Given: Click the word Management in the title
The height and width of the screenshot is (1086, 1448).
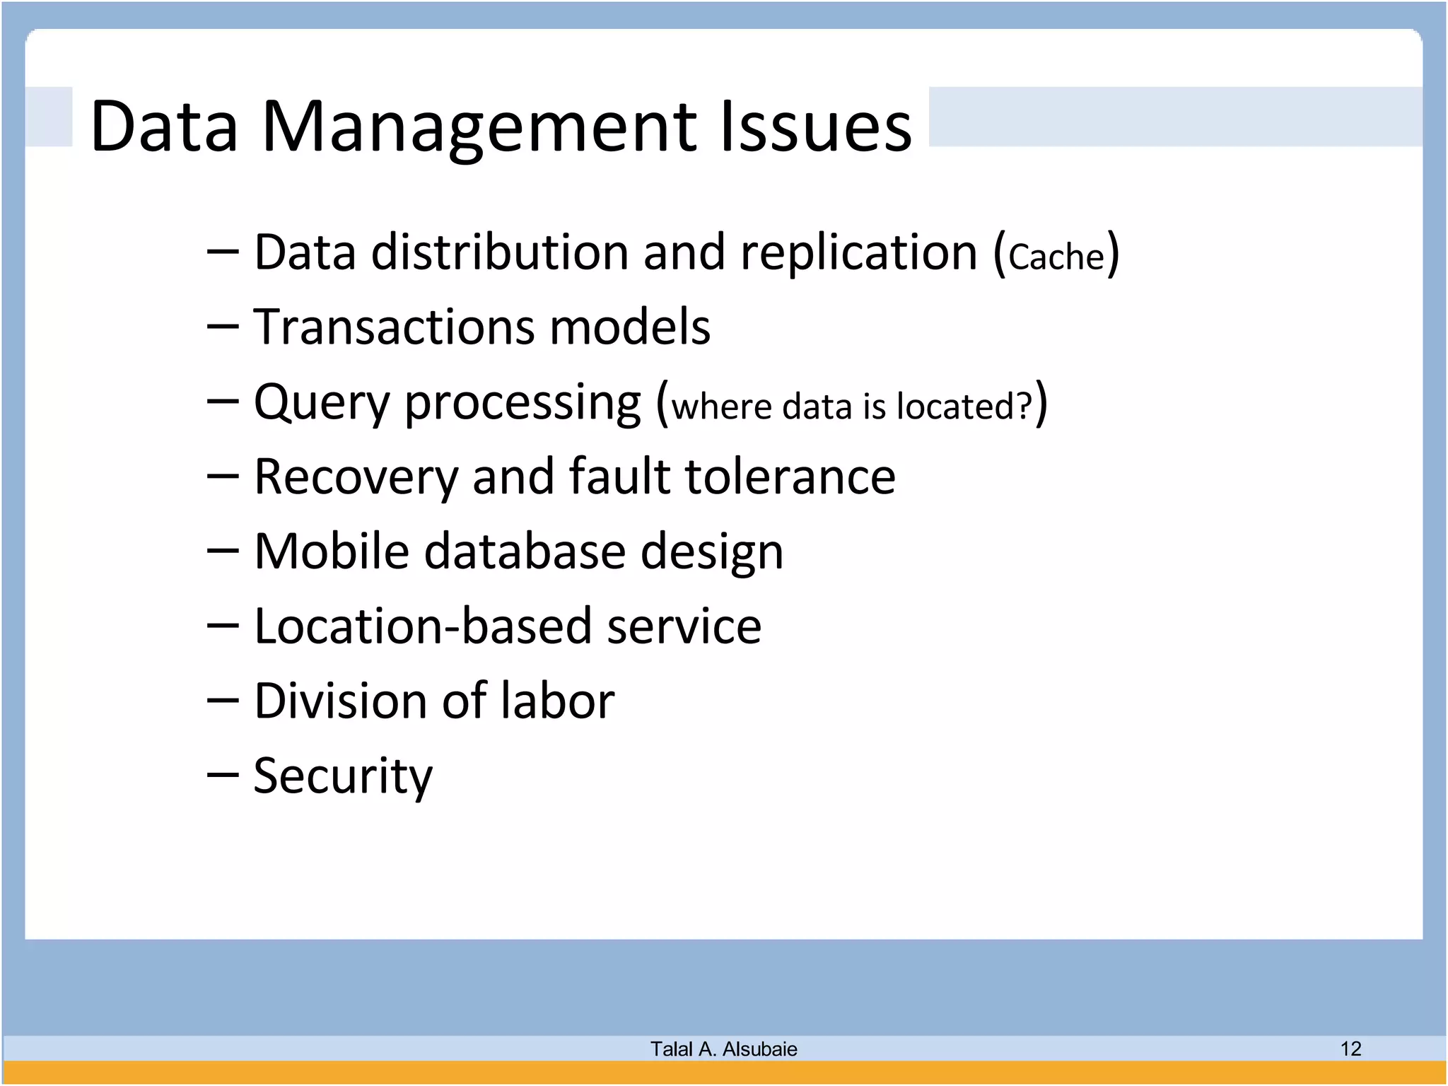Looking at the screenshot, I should [x=481, y=127].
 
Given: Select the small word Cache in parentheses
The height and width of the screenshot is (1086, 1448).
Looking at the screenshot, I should [x=1056, y=256].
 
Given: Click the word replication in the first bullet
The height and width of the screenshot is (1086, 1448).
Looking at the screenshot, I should [x=858, y=252].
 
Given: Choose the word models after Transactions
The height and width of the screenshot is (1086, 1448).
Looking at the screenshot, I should [x=629, y=327].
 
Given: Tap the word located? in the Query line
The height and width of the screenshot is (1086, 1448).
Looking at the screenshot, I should [x=964, y=407].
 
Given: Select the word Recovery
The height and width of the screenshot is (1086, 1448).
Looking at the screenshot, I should [x=356, y=477].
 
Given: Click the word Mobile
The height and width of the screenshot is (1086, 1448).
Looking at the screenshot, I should [x=331, y=551].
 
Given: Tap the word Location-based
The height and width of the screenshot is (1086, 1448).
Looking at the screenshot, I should [x=422, y=626].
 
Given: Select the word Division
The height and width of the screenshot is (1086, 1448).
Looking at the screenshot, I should [x=340, y=701].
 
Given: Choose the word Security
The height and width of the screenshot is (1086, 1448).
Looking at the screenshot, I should [x=342, y=776].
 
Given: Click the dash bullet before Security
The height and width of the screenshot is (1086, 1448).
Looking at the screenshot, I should [x=223, y=775].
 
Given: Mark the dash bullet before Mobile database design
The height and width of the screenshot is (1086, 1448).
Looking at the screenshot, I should [x=223, y=551].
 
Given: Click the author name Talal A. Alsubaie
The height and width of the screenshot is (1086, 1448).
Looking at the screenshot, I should [x=723, y=1049].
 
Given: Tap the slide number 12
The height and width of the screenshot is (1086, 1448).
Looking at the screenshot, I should [x=1350, y=1049].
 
